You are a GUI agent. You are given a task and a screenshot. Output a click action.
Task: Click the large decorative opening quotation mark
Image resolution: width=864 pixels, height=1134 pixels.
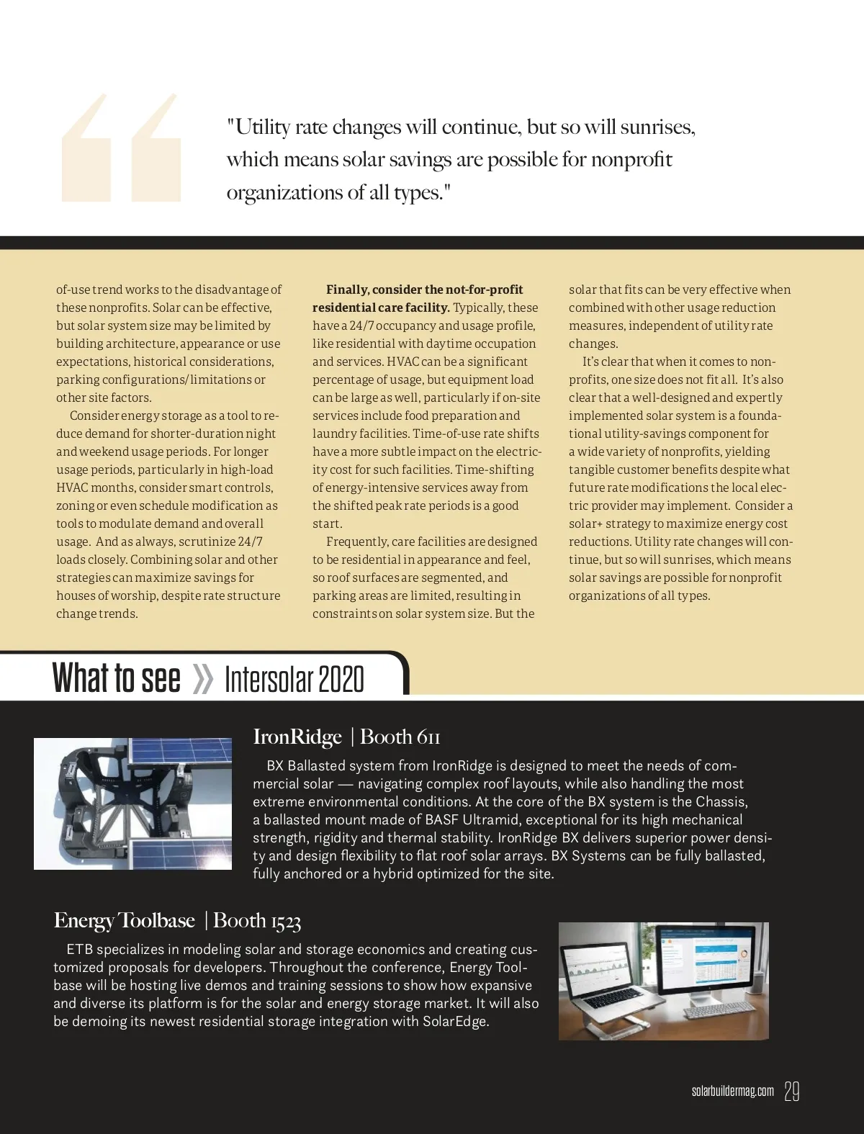(x=120, y=148)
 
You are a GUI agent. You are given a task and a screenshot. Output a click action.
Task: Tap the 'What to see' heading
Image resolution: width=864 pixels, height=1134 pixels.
(x=117, y=678)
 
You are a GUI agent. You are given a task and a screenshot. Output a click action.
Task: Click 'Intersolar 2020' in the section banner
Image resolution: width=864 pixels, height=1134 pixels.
(x=294, y=679)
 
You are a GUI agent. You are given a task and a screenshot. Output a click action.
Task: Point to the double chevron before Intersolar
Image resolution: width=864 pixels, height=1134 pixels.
(x=203, y=679)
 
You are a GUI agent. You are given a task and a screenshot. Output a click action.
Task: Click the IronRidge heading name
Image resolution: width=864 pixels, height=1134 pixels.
(x=297, y=737)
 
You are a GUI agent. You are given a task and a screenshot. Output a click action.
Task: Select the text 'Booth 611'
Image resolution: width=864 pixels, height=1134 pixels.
(x=400, y=737)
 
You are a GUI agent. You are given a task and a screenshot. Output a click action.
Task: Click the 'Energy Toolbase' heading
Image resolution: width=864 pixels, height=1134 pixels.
(x=124, y=920)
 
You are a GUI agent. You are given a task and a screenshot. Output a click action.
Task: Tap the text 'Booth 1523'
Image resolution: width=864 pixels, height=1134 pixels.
(x=257, y=920)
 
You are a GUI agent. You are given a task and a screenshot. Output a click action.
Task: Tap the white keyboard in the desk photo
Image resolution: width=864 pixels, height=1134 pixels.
(x=720, y=1012)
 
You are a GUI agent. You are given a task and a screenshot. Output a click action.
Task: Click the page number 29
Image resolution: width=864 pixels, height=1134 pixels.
(x=792, y=1092)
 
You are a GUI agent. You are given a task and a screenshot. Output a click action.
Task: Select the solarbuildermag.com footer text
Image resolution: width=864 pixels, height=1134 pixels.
(x=732, y=1092)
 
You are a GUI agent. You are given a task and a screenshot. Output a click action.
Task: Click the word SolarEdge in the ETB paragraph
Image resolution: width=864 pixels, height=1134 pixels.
(x=454, y=1022)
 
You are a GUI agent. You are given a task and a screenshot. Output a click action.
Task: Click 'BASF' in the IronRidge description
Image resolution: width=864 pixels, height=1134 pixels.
(x=441, y=819)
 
